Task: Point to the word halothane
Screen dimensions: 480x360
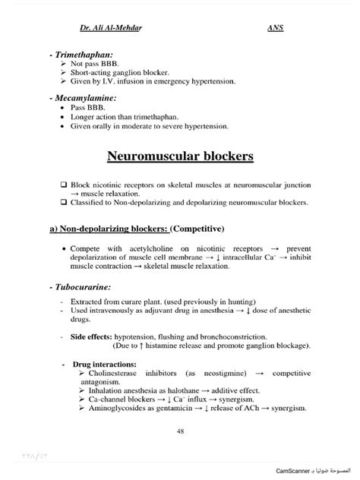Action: click(x=175, y=391)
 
